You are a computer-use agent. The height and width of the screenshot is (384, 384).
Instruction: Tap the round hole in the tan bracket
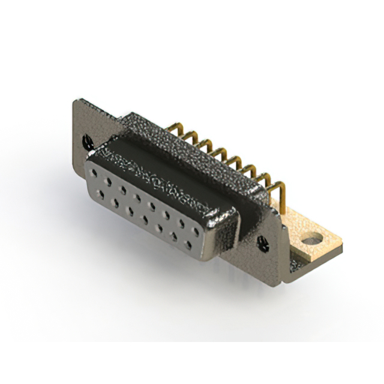[x=310, y=241]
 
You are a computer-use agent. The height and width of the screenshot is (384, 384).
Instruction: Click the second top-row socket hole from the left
[x=109, y=179]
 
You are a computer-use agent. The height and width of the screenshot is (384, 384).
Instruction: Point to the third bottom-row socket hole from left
[x=131, y=211]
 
